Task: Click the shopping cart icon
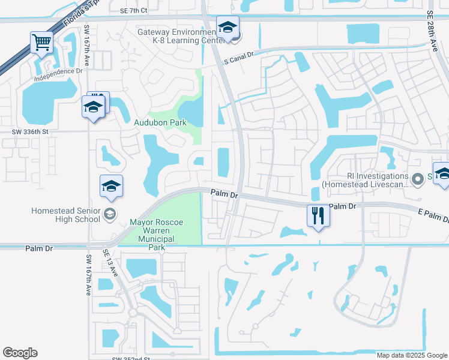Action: click(x=41, y=42)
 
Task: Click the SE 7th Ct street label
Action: click(x=133, y=11)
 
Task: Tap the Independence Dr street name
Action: click(x=58, y=78)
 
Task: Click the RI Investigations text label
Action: click(x=366, y=181)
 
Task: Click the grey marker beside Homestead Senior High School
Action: click(x=110, y=213)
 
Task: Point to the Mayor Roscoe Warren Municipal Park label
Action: click(x=156, y=235)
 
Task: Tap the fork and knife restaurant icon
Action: click(x=318, y=215)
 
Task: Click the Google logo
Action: click(x=20, y=353)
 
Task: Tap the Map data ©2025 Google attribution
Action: click(x=411, y=355)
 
